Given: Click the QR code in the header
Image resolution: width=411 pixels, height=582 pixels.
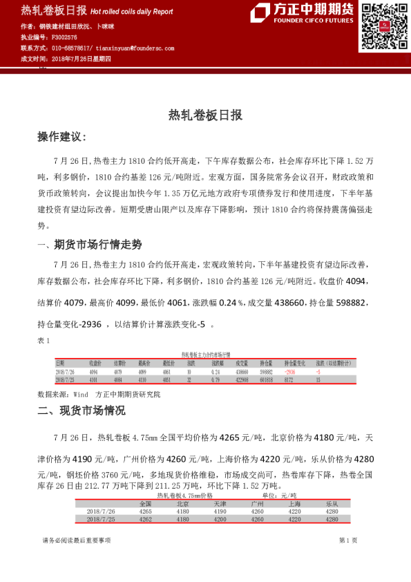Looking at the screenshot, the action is [382, 27].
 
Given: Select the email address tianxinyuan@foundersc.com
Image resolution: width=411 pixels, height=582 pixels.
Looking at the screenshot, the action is [135, 48].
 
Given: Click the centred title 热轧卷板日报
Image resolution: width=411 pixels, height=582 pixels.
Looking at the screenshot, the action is [205, 115].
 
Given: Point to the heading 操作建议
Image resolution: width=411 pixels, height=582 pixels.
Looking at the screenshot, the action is [61, 138].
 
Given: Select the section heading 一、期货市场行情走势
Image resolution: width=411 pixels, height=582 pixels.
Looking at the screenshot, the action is [89, 245].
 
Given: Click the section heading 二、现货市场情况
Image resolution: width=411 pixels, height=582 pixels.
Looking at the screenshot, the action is [81, 411].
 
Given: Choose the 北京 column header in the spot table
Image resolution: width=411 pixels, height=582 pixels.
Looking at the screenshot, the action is [182, 503].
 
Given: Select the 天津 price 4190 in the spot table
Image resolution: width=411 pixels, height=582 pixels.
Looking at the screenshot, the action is [220, 511].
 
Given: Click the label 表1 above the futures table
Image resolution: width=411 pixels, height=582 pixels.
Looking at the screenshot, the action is [44, 341].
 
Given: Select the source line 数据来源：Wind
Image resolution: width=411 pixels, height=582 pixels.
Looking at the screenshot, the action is [62, 393].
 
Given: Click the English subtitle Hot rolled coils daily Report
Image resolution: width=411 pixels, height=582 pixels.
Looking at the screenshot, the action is [131, 12].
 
